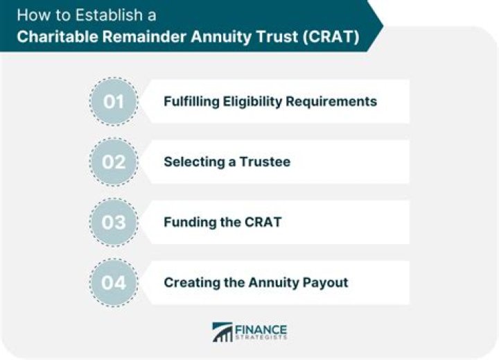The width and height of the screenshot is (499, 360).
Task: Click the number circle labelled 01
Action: (114, 101)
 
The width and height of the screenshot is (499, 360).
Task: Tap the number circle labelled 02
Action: (114, 162)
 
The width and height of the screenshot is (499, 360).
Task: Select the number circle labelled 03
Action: (114, 222)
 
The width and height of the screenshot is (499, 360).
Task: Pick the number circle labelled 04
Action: (114, 282)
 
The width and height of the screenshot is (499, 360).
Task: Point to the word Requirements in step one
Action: (332, 101)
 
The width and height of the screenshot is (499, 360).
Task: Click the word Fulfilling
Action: (192, 101)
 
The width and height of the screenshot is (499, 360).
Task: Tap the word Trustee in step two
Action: (266, 162)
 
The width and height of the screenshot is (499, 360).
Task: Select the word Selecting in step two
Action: (192, 162)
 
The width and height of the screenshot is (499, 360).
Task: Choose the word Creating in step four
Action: (189, 282)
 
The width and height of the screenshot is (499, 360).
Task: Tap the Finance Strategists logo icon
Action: (222, 332)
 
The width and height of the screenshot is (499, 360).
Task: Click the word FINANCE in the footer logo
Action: (261, 328)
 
